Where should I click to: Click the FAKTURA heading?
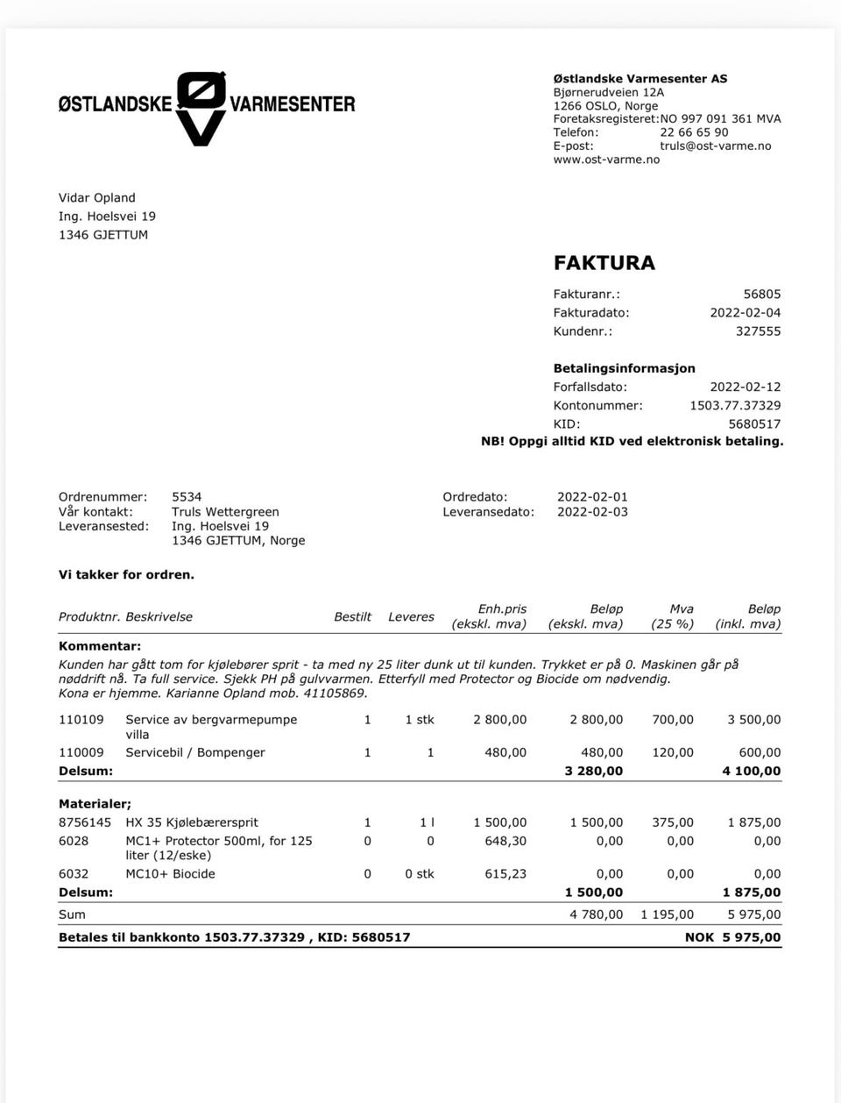click(x=604, y=262)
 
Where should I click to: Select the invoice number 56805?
click(x=761, y=295)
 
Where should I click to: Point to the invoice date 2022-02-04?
click(x=745, y=313)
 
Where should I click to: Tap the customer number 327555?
click(x=758, y=331)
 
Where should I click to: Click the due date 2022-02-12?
click(x=745, y=387)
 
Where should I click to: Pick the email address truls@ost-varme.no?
click(x=715, y=146)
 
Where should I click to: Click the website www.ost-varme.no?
click(x=606, y=160)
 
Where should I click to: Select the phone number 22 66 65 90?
click(x=694, y=132)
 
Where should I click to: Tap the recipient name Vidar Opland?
click(x=96, y=198)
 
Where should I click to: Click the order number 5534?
click(x=187, y=497)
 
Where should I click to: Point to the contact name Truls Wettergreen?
click(x=225, y=512)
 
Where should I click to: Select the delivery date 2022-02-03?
click(x=592, y=512)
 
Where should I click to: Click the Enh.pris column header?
click(x=502, y=609)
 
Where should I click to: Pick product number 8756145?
click(x=85, y=822)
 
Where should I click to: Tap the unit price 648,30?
click(x=505, y=841)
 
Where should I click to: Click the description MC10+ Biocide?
click(x=170, y=874)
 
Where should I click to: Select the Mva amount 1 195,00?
click(x=667, y=914)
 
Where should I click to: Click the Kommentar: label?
click(x=99, y=646)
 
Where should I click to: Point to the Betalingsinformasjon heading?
click(x=624, y=368)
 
